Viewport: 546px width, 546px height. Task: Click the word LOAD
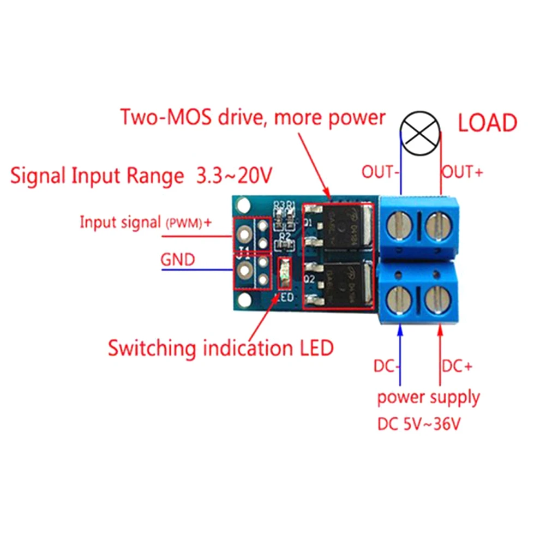(487, 123)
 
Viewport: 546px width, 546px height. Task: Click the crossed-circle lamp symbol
(421, 131)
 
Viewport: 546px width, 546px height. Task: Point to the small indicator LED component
(284, 273)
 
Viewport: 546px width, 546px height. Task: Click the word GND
(178, 260)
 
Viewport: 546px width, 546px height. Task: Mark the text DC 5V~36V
(418, 424)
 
